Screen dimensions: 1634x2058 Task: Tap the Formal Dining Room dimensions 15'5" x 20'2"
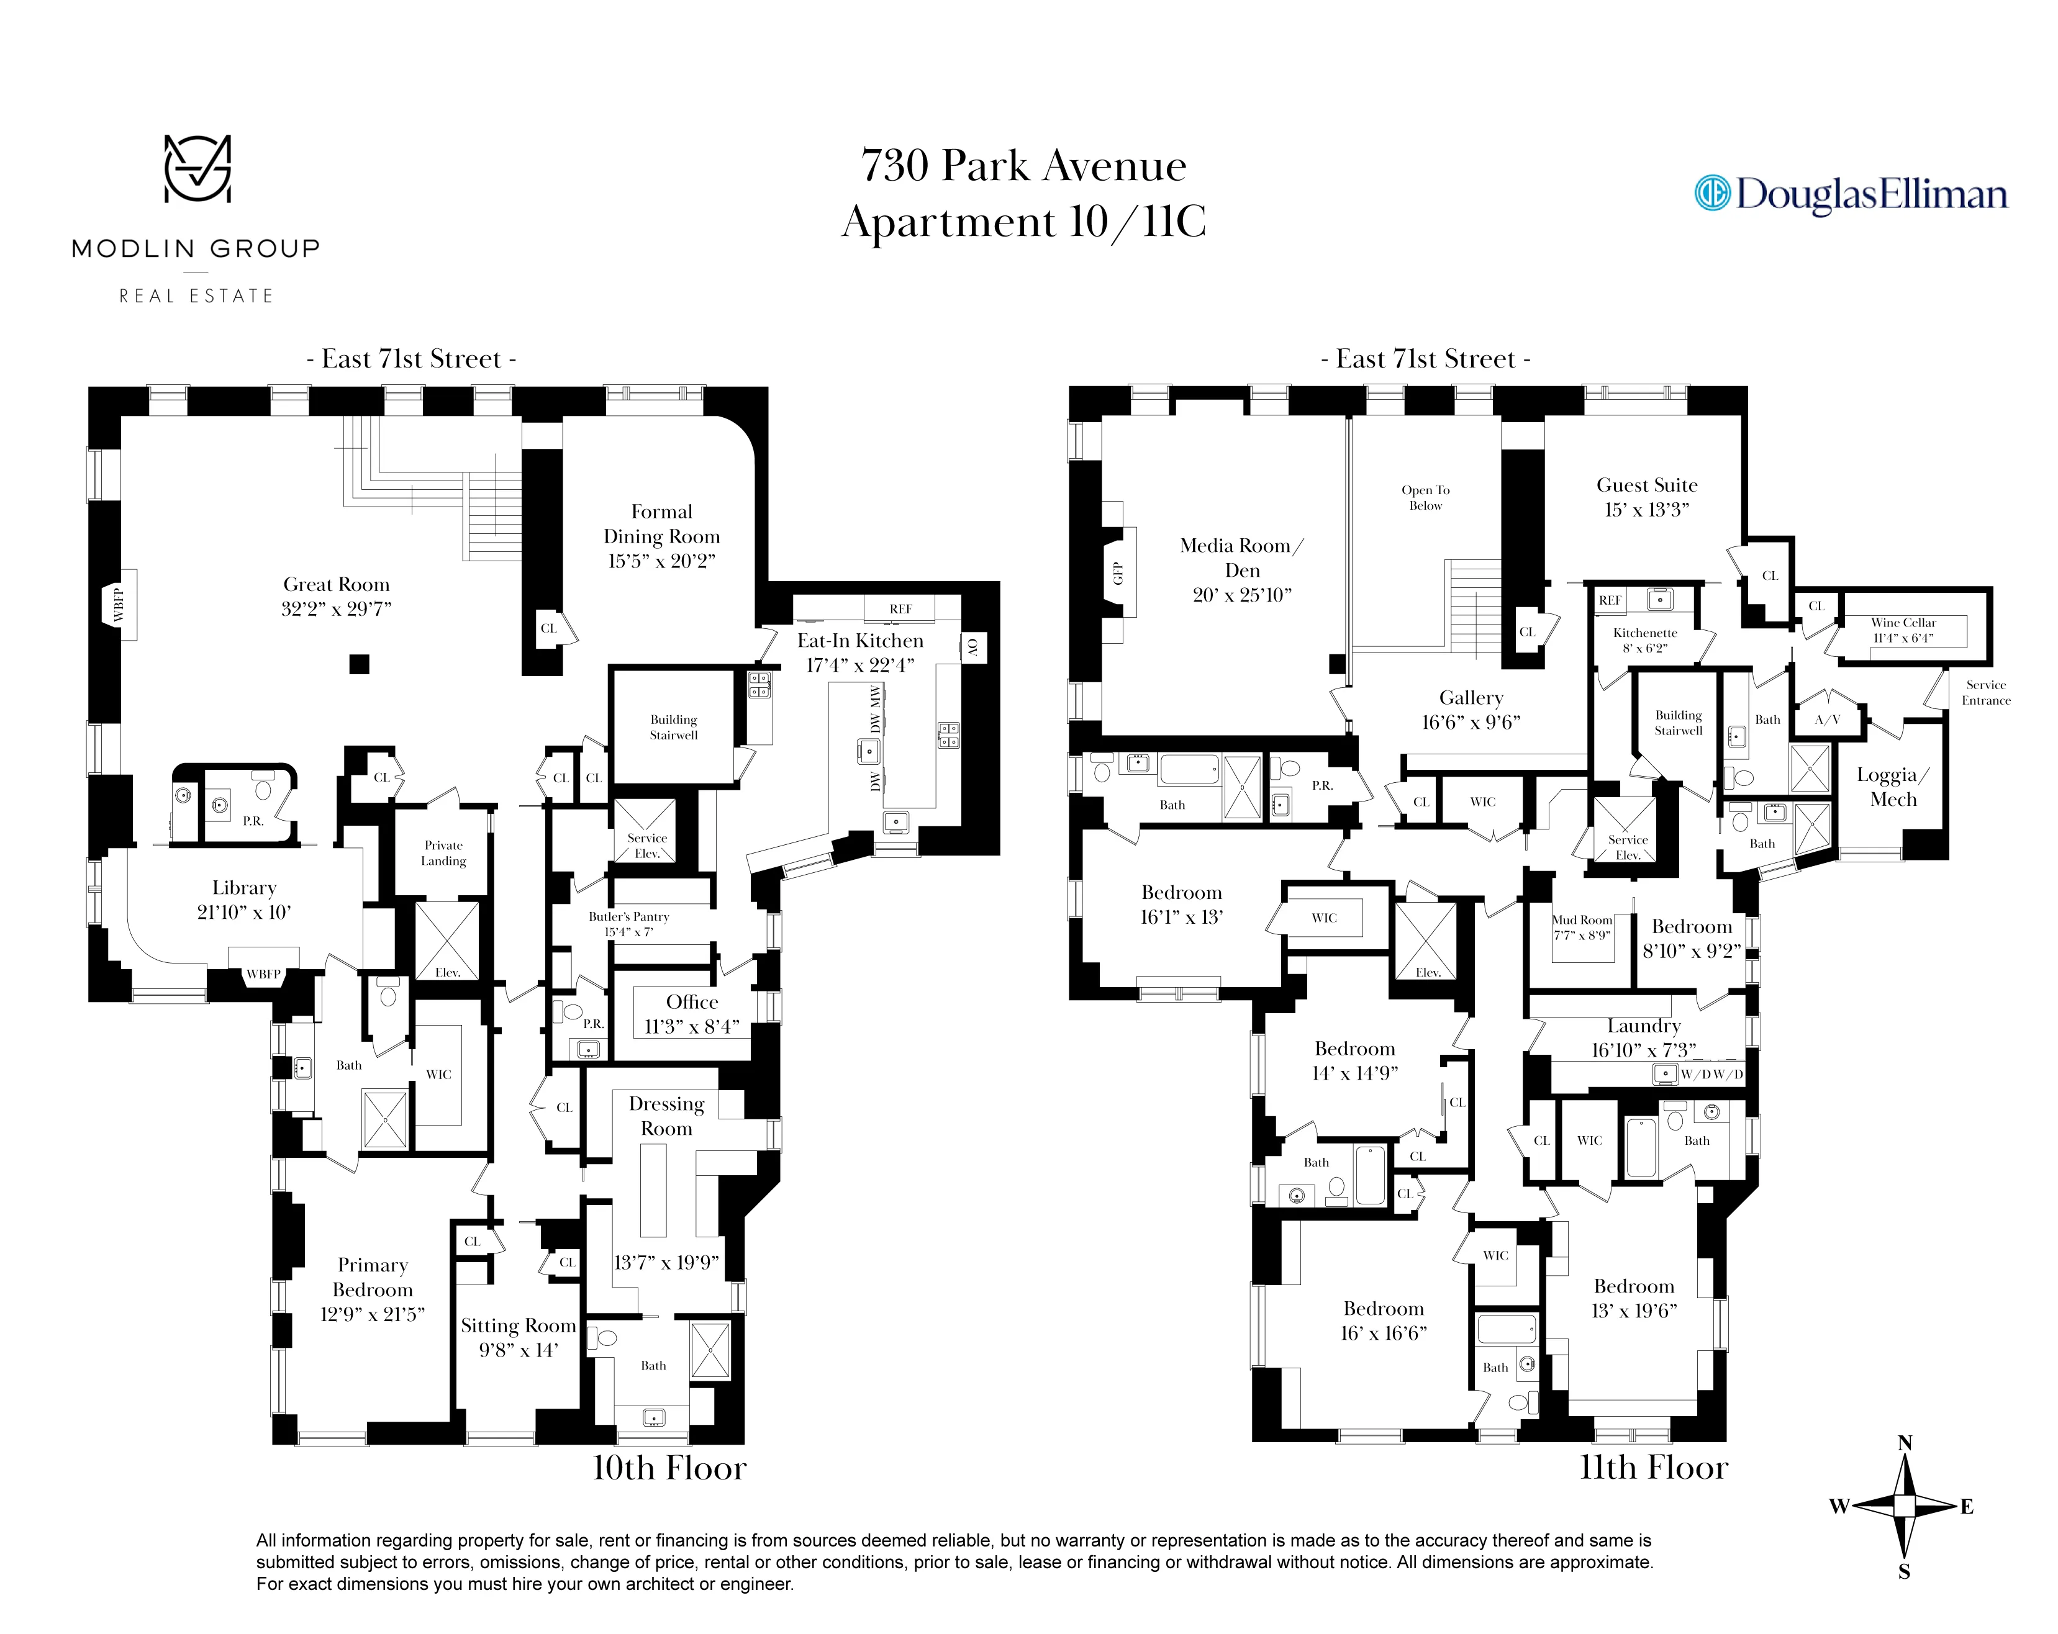pos(661,561)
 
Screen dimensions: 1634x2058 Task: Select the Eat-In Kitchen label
pos(860,641)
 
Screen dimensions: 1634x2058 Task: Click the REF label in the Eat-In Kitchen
pos(900,609)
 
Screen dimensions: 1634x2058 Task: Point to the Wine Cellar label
pos(1903,622)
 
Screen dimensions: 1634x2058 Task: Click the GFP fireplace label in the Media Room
pos(1118,574)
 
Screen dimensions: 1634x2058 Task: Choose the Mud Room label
pos(1582,920)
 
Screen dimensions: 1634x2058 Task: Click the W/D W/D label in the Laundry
pos(1711,1075)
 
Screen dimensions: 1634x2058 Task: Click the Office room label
pos(692,1002)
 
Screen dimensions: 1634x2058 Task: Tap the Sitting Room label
pos(519,1325)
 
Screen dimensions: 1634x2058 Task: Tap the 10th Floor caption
pos(669,1468)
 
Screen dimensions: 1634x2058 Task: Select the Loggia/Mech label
pos(1892,787)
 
